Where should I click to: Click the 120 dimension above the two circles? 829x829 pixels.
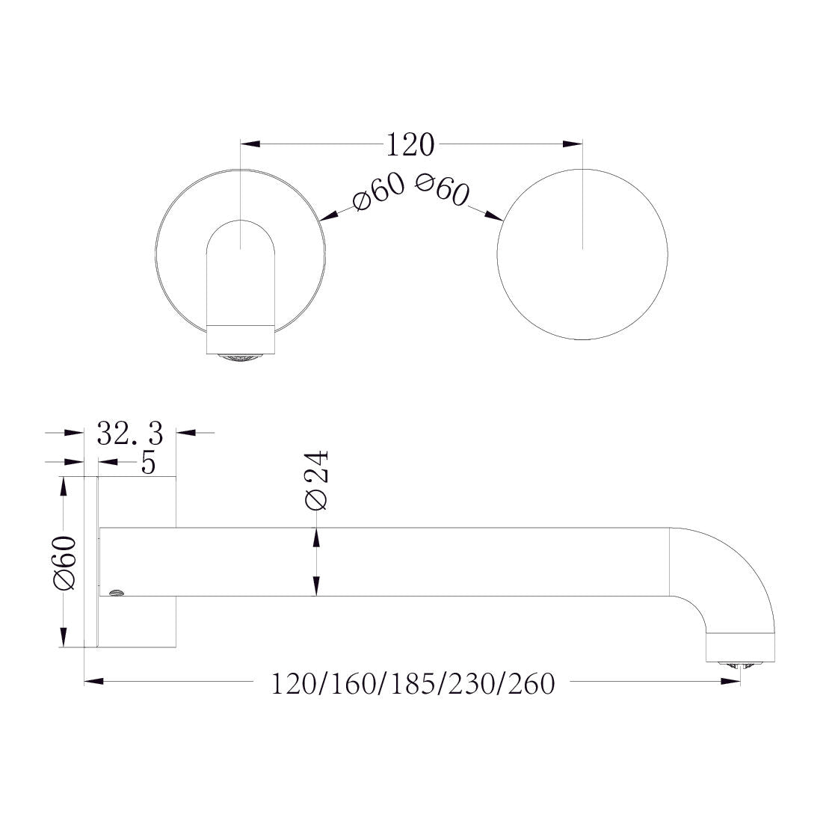(410, 144)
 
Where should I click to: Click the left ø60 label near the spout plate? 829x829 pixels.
(378, 192)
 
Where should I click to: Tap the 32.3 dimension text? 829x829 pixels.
(129, 432)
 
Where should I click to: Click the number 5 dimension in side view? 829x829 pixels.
(148, 463)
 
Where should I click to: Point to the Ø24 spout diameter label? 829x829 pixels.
(316, 481)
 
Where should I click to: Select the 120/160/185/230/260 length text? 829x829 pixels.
(413, 683)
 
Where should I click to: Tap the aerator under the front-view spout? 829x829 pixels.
(241, 357)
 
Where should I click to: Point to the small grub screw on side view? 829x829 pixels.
(115, 594)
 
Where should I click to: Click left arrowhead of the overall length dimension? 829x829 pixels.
(94, 681)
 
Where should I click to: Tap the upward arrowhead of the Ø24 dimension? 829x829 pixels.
(317, 537)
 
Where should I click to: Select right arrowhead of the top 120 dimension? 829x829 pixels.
(572, 143)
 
